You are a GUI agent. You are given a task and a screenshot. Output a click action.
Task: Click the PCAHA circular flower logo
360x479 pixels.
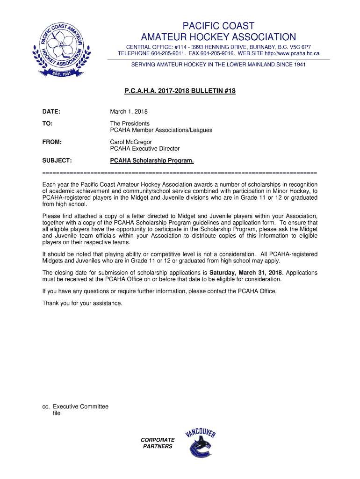click(58, 51)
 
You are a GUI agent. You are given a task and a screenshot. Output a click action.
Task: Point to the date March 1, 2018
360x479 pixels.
click(129, 111)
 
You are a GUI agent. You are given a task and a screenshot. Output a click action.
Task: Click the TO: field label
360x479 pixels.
click(47, 123)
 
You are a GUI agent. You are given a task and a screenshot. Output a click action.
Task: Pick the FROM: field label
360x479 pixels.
click(52, 142)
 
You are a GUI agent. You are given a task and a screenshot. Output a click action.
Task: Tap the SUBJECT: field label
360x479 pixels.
click(57, 160)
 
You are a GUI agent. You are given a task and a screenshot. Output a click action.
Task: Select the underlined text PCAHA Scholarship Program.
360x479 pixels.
click(151, 160)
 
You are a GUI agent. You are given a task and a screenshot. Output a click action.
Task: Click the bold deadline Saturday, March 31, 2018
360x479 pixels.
click(245, 272)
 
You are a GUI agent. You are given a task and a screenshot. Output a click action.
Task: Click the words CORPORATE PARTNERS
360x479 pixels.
click(158, 443)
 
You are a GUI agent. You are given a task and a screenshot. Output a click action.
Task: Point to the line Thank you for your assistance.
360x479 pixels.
click(82, 303)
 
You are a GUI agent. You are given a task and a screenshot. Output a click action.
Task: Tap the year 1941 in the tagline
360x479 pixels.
click(298, 65)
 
